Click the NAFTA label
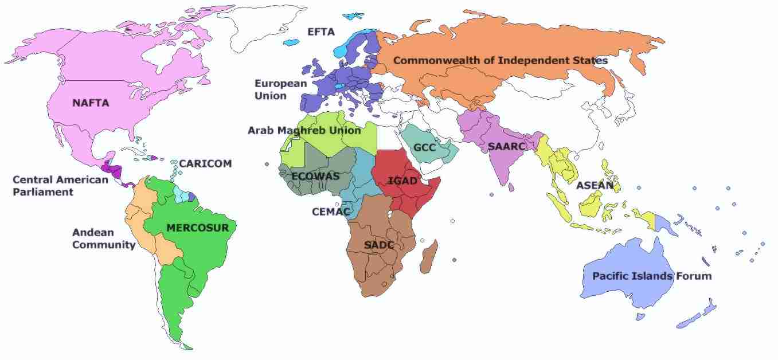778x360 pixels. tap(91, 103)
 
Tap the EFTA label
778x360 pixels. tap(320, 32)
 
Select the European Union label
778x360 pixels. tap(280, 89)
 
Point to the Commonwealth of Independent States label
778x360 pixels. tap(500, 60)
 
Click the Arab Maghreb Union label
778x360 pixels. tap(304, 131)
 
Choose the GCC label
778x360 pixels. tap(425, 148)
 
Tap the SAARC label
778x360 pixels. tap(506, 147)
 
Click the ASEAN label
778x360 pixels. tap(595, 185)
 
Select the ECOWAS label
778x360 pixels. tap(315, 176)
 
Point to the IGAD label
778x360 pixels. tap(402, 181)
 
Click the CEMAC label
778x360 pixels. tap(331, 212)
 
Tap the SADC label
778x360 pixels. tap(379, 245)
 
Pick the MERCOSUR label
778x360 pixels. tap(197, 228)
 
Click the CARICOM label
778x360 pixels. tap(205, 163)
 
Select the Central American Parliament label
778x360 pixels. tap(60, 186)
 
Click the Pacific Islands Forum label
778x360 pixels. tap(651, 276)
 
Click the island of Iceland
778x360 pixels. tap(293, 42)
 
